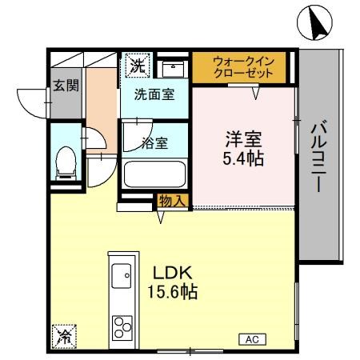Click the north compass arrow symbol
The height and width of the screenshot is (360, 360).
[x=314, y=24]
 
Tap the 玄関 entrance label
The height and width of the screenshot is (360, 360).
[x=66, y=86]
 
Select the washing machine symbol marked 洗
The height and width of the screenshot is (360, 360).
[x=138, y=65]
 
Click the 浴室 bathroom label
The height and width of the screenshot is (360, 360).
[x=154, y=143]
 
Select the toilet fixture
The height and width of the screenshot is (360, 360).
[x=65, y=163]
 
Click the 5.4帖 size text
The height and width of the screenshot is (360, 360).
[x=243, y=158]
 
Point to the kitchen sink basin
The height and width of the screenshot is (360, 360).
[x=121, y=277]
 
